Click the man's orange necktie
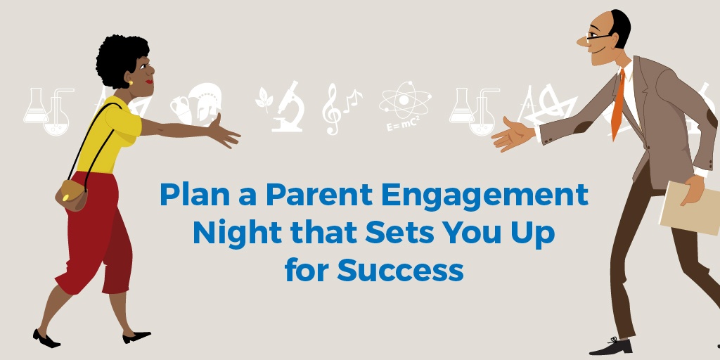pos(618,105)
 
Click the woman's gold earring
pos(130,83)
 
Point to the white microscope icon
pos(289,107)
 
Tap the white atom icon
pos(404,100)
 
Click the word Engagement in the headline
pos(485,195)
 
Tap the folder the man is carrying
pos(690,208)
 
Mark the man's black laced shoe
pos(610,345)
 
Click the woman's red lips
pos(149,82)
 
